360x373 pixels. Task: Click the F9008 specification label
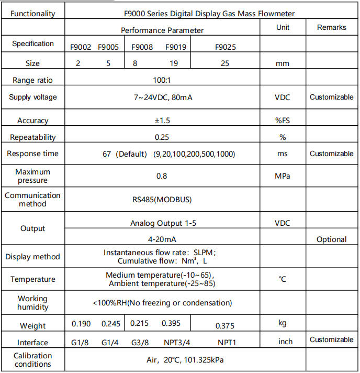142,47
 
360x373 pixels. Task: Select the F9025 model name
226,47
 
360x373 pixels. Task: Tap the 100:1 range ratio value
162,81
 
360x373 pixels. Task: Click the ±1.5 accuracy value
162,120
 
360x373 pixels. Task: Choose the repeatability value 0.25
162,137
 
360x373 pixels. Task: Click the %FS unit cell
283,120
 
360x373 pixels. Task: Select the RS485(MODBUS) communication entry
162,200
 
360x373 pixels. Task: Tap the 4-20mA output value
162,239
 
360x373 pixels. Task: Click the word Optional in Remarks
331,239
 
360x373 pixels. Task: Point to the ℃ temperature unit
283,279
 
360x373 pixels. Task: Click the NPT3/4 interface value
177,343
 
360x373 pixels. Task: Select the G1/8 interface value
81,343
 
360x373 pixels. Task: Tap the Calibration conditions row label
33,360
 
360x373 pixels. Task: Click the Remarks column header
331,27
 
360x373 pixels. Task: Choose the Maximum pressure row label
33,176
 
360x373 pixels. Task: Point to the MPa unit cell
283,176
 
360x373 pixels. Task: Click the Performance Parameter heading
162,30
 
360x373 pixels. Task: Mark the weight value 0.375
225,326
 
